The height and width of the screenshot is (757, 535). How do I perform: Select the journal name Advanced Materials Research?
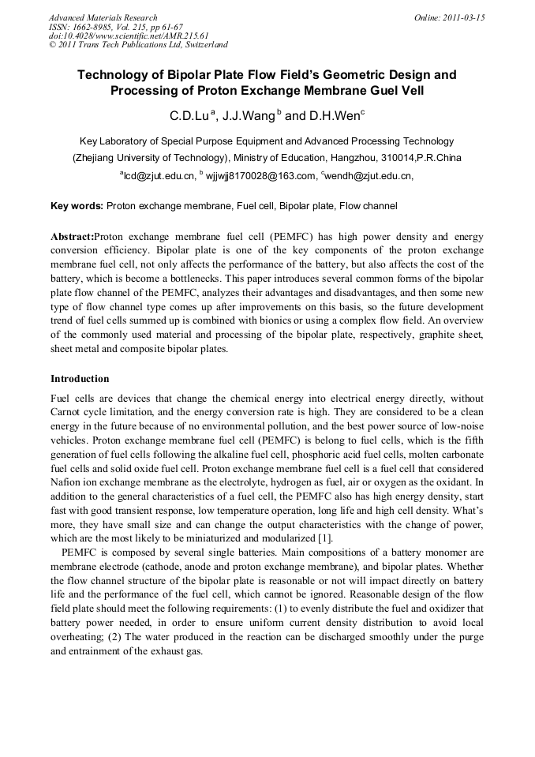pyautogui.click(x=103, y=17)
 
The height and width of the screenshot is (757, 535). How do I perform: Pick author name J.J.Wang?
pyautogui.click(x=247, y=116)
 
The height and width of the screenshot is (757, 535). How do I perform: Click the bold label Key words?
pyautogui.click(x=77, y=206)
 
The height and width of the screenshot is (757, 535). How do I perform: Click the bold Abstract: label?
pyautogui.click(x=72, y=237)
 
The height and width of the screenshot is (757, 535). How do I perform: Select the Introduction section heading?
pyautogui.click(x=80, y=379)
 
